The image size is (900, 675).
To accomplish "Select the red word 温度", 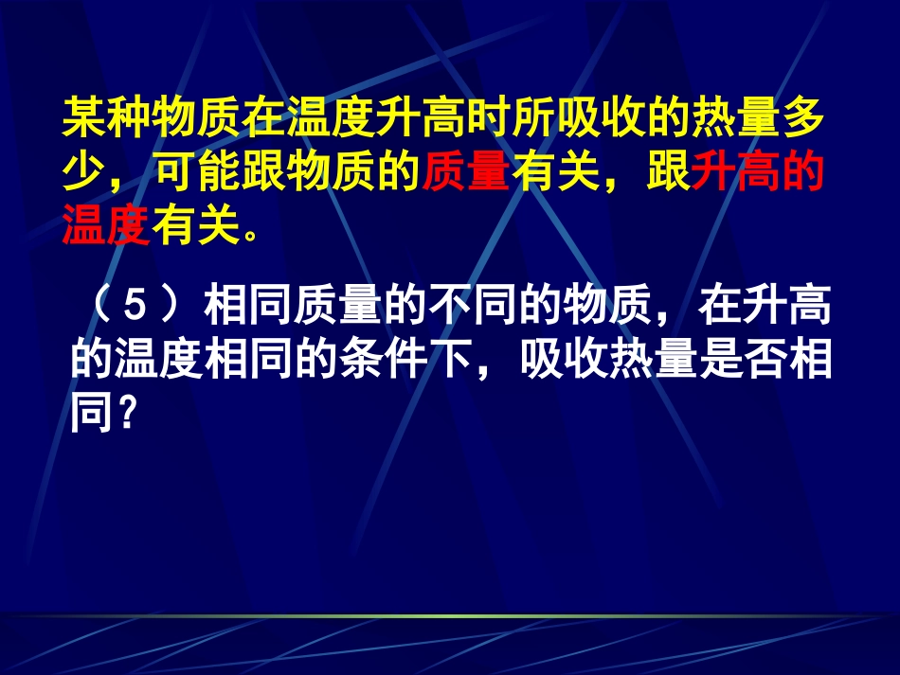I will (x=105, y=227).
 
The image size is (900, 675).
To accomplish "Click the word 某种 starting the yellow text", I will (x=105, y=120).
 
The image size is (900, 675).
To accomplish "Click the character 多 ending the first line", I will (x=803, y=120).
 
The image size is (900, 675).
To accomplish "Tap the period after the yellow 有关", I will (x=249, y=233).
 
